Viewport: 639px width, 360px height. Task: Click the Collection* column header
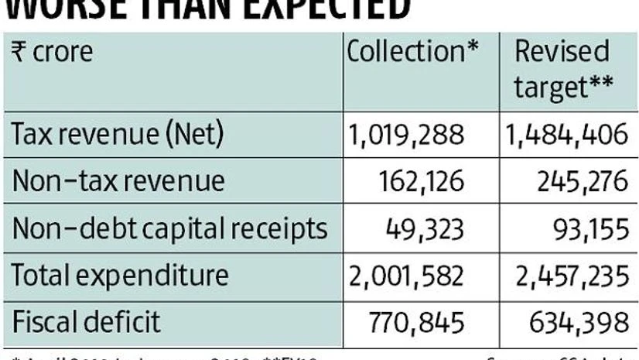[412, 52]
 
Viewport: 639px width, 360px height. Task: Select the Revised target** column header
[562, 70]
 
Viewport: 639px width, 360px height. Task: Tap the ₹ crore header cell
[52, 52]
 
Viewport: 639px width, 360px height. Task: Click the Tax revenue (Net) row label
[117, 134]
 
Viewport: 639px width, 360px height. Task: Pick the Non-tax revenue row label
[118, 180]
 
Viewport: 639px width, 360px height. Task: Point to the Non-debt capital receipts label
[169, 228]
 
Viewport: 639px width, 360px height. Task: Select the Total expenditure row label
[120, 274]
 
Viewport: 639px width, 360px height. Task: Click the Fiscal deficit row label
[86, 321]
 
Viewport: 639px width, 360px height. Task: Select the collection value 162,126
[423, 181]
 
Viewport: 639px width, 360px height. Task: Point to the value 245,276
[580, 181]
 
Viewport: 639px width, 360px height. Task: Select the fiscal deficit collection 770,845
[422, 321]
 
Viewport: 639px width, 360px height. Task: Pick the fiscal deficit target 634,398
[579, 321]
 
